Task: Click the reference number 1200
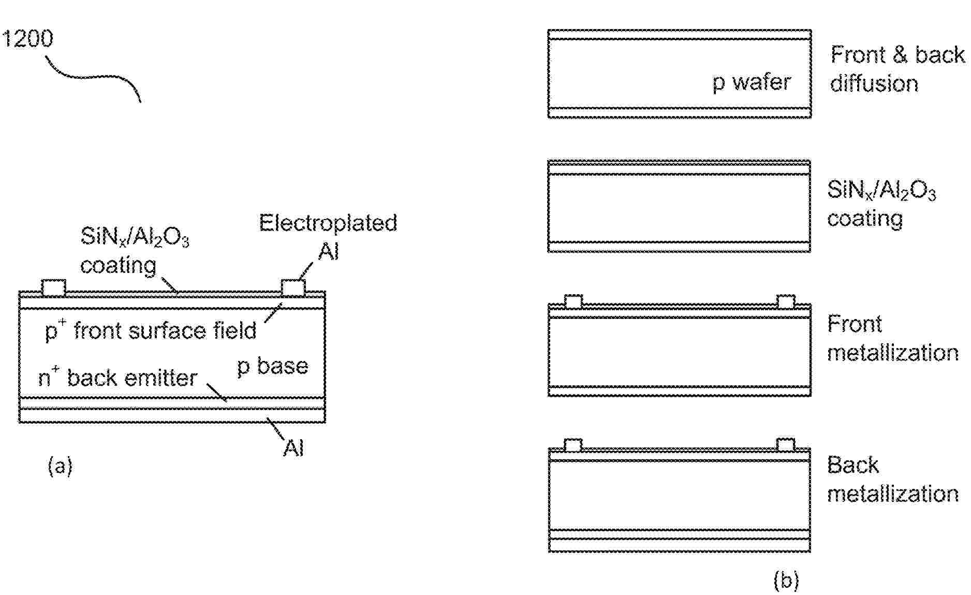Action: pos(27,39)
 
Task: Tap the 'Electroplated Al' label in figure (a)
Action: pos(328,237)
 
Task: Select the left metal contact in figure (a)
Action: pos(53,288)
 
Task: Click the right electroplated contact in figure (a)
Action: pos(293,288)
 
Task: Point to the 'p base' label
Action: pos(272,366)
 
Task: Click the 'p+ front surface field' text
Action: pos(151,330)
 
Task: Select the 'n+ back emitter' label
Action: pos(118,378)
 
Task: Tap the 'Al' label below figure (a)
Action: pos(293,448)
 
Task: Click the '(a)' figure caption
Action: pos(60,466)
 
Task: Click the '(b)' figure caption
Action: pos(786,580)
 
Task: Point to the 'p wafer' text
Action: pos(752,82)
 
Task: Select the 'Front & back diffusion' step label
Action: pos(897,69)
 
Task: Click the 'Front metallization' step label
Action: pos(892,338)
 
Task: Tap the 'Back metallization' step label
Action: pos(892,480)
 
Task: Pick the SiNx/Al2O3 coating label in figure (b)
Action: pos(881,204)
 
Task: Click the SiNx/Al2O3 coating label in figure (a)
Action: pos(134,251)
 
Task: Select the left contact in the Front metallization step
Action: pos(573,301)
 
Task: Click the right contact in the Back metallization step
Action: pos(786,445)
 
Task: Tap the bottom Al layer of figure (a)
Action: pos(172,416)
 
